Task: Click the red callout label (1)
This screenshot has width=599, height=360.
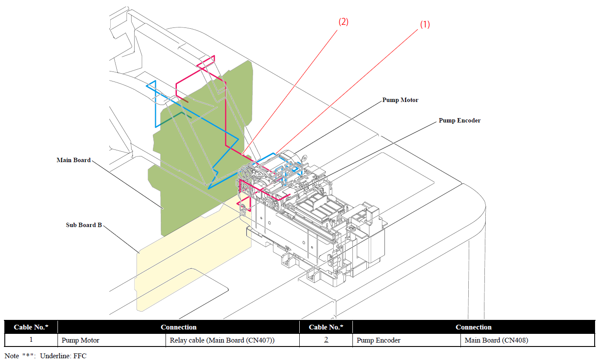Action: (424, 25)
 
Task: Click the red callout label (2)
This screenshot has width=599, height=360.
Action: (343, 22)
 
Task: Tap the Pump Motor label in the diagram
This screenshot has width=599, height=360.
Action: (400, 100)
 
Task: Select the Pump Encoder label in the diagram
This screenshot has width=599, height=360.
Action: (460, 120)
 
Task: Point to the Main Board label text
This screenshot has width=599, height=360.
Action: (74, 160)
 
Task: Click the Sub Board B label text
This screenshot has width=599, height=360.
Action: (84, 225)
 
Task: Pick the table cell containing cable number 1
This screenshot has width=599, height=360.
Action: (31, 340)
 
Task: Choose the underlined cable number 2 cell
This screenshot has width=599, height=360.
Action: (326, 340)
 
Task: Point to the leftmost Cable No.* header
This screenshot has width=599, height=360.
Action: (31, 327)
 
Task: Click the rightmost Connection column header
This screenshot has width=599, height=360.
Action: (474, 327)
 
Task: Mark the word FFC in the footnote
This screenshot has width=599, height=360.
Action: (80, 356)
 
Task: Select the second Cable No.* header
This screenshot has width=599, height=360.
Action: (326, 327)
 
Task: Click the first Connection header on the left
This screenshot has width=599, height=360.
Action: (179, 327)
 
